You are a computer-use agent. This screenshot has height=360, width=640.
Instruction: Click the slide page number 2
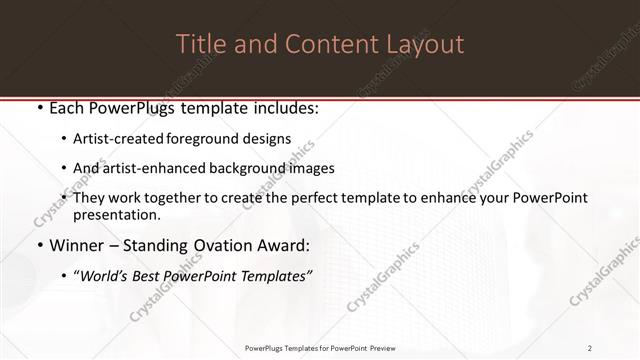(x=590, y=348)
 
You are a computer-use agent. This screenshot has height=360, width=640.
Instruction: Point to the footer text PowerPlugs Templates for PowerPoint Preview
(x=320, y=348)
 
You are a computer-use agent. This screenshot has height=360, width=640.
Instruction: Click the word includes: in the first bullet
(x=281, y=108)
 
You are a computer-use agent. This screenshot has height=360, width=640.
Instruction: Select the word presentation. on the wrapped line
(x=116, y=215)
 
